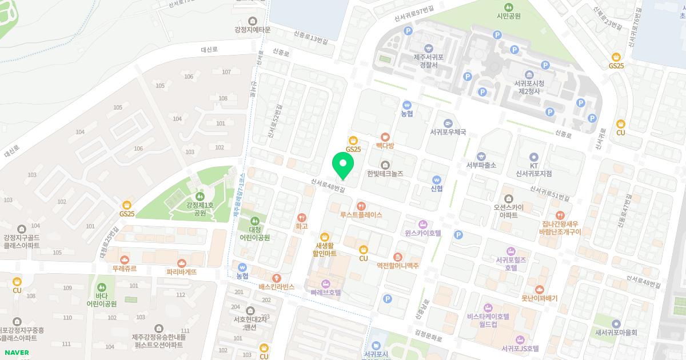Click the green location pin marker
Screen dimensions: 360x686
click(x=343, y=165)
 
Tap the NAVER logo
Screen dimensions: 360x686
click(x=16, y=353)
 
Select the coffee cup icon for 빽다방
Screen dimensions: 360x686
click(x=385, y=137)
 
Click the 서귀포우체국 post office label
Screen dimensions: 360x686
click(x=448, y=132)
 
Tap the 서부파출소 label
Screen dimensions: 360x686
click(x=481, y=165)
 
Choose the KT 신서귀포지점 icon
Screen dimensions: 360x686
click(x=534, y=157)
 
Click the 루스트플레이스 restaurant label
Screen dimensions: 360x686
click(x=361, y=215)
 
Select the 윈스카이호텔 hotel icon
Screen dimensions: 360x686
click(x=423, y=224)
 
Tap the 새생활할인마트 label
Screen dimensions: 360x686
click(x=324, y=249)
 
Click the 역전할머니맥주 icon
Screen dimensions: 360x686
click(x=398, y=257)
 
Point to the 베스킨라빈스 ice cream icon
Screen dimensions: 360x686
click(x=277, y=278)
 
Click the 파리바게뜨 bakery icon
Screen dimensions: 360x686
click(x=182, y=263)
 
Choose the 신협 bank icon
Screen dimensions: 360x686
click(x=437, y=179)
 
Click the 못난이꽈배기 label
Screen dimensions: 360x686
click(x=539, y=298)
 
